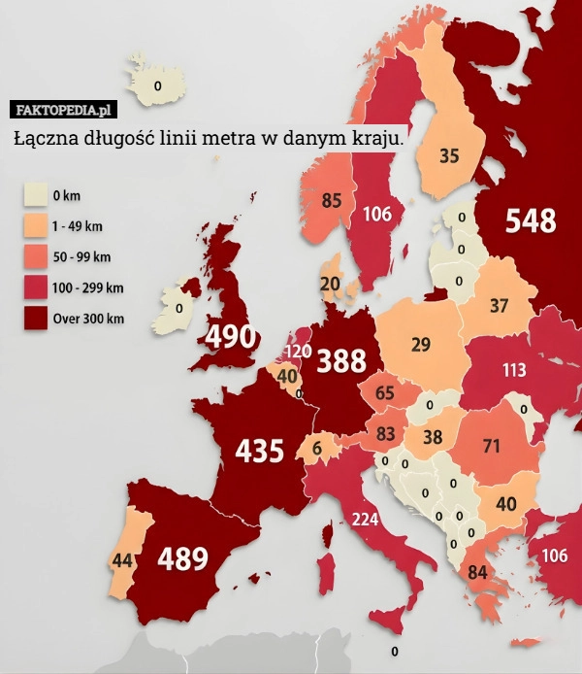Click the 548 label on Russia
tap(531, 222)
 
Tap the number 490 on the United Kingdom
tap(231, 337)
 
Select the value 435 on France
tap(259, 451)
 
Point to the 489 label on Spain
tap(182, 558)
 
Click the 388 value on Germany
tap(341, 361)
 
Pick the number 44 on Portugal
tap(122, 560)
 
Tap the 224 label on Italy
tap(365, 519)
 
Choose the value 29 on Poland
tap(421, 344)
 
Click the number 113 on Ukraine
tap(514, 370)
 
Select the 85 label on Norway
tap(332, 201)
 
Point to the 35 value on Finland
tap(449, 155)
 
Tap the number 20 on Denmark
tap(330, 284)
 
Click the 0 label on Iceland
tap(157, 85)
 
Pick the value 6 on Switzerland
tap(316, 449)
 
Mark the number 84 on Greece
tap(477, 572)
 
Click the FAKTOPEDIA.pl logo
tap(65, 108)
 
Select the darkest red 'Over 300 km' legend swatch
tap(36, 318)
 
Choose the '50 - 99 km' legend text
tap(82, 256)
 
